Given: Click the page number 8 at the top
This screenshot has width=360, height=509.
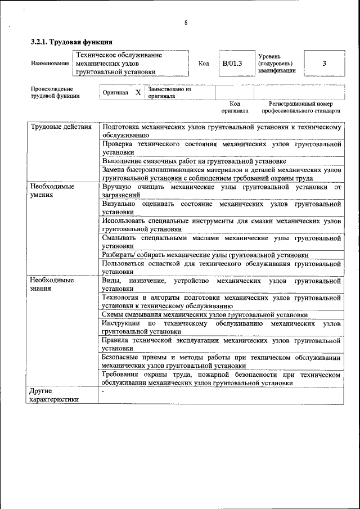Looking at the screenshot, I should pos(185,22).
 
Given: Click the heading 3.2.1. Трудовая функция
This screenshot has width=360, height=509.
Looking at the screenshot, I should pos(71,42).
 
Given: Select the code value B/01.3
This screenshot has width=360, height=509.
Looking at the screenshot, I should pos(232,64).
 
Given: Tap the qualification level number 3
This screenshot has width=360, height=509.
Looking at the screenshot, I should pos(324,64).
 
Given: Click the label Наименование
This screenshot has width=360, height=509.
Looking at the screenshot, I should pos(49,64).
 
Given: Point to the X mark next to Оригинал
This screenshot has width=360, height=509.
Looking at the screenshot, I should pos(138,92).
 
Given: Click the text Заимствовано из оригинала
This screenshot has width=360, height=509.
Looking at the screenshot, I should pos(169,92).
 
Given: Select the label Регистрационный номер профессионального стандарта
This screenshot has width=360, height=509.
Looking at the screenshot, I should pos(300,107).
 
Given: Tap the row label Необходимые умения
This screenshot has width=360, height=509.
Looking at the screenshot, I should pos(53,190).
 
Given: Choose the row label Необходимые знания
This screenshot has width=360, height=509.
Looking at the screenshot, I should pos(53,284).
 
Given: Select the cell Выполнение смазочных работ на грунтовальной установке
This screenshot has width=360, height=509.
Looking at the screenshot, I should pos(190,160).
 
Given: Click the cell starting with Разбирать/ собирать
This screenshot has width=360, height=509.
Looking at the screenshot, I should pos(205,255).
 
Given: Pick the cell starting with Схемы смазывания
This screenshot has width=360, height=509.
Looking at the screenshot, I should pos(205,315).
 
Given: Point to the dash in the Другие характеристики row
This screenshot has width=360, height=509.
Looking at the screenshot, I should pos(103,390).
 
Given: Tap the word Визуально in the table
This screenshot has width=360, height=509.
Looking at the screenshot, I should pos(119,203).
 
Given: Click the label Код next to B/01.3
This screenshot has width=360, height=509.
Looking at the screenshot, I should pos(204,64).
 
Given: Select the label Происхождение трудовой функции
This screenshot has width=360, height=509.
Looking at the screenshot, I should pos(55,92).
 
